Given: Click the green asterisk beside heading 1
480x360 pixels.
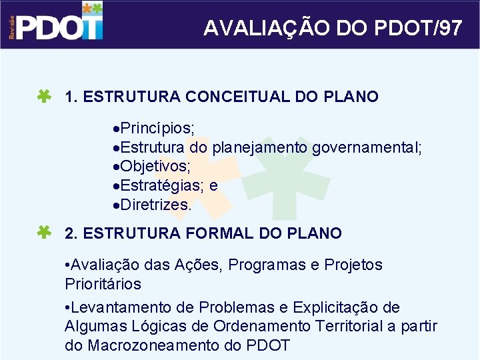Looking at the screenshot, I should tap(45, 97).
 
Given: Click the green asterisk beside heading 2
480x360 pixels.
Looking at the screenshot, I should tap(45, 233).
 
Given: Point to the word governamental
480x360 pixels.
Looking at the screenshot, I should tap(367, 147).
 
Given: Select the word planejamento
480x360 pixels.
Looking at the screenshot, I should tap(261, 147).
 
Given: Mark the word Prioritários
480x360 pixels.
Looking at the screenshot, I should tap(103, 284).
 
